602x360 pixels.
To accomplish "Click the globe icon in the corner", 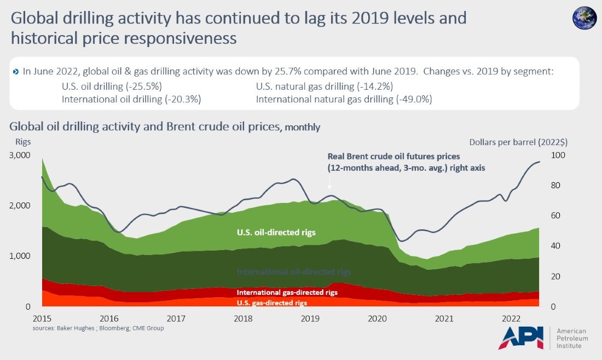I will click(x=584, y=18).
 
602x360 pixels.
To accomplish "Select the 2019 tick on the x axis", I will click(x=310, y=318).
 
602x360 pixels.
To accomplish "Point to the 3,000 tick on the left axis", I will click(x=20, y=155).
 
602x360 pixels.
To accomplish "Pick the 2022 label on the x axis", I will click(x=511, y=318).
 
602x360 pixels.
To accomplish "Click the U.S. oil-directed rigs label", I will click(x=276, y=233).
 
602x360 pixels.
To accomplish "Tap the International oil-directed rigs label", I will click(x=293, y=271).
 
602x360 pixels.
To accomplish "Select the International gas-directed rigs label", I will click(x=287, y=292).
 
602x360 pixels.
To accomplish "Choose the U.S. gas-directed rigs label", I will click(x=271, y=303).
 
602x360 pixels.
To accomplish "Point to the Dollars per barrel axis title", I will click(x=518, y=142).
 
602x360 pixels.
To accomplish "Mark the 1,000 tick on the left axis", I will click(x=20, y=256).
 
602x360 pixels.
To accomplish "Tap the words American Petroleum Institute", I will click(x=571, y=339).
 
